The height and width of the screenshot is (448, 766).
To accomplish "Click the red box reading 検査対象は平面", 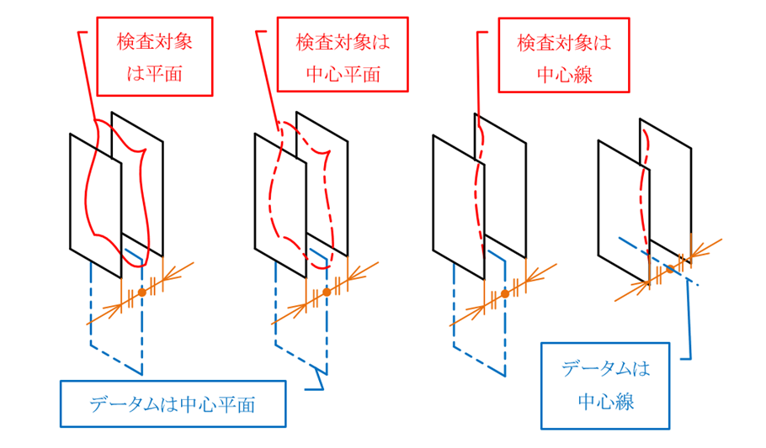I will tap(154, 56).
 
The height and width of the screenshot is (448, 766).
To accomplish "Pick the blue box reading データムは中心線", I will tap(605, 385).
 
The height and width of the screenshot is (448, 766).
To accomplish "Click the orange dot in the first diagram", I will tap(142, 290).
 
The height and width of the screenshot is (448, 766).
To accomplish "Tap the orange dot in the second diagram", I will tap(327, 291).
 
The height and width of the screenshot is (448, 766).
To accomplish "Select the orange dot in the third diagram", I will tap(505, 293).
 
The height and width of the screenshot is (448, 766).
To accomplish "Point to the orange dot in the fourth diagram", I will tap(669, 269).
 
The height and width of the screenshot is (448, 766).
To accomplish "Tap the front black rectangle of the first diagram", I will tap(95, 202).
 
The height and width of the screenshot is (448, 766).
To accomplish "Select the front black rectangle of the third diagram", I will tap(458, 202).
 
